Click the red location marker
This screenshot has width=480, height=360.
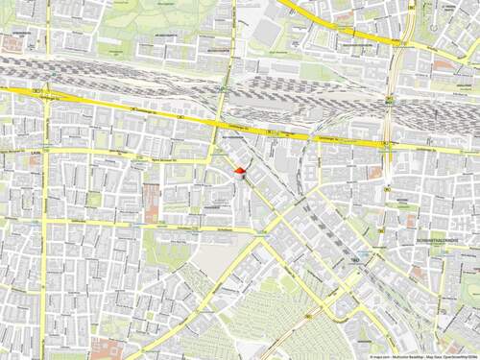[239, 171]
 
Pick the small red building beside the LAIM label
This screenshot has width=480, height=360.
[35, 160]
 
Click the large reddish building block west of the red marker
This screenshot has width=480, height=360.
[152, 203]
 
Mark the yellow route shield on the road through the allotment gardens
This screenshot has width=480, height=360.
[309, 318]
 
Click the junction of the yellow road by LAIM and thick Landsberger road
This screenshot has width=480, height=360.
[45, 93]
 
